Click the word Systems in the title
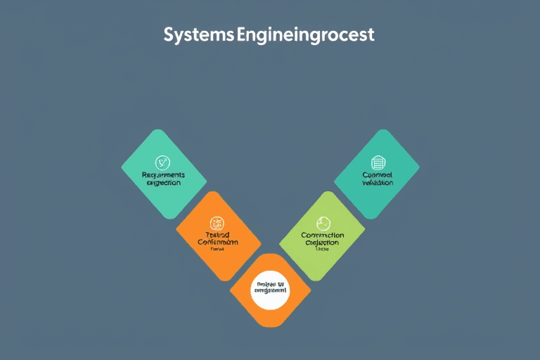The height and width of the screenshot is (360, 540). coord(199,34)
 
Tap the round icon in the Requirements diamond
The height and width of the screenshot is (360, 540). coord(164,162)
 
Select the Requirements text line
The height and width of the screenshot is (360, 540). coord(163,174)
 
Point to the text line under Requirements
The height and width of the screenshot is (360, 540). coord(164,182)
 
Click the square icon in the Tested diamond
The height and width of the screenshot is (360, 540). coord(217,223)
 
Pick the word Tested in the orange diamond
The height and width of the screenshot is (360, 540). coord(217,234)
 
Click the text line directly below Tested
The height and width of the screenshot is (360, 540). coord(217,242)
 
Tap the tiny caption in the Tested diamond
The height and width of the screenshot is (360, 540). coord(217,249)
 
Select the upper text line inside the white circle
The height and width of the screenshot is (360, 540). coord(270,286)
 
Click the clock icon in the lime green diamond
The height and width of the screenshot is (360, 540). coord(323,223)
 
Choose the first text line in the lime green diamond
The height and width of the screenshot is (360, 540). coord(323,235)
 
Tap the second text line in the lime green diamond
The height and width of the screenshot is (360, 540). coord(323,243)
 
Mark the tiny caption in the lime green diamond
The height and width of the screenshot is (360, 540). coord(323,249)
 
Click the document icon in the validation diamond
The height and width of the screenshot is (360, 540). coord(378,162)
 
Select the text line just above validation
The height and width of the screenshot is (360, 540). coord(378,174)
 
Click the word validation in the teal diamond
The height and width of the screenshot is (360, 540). coord(378,182)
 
